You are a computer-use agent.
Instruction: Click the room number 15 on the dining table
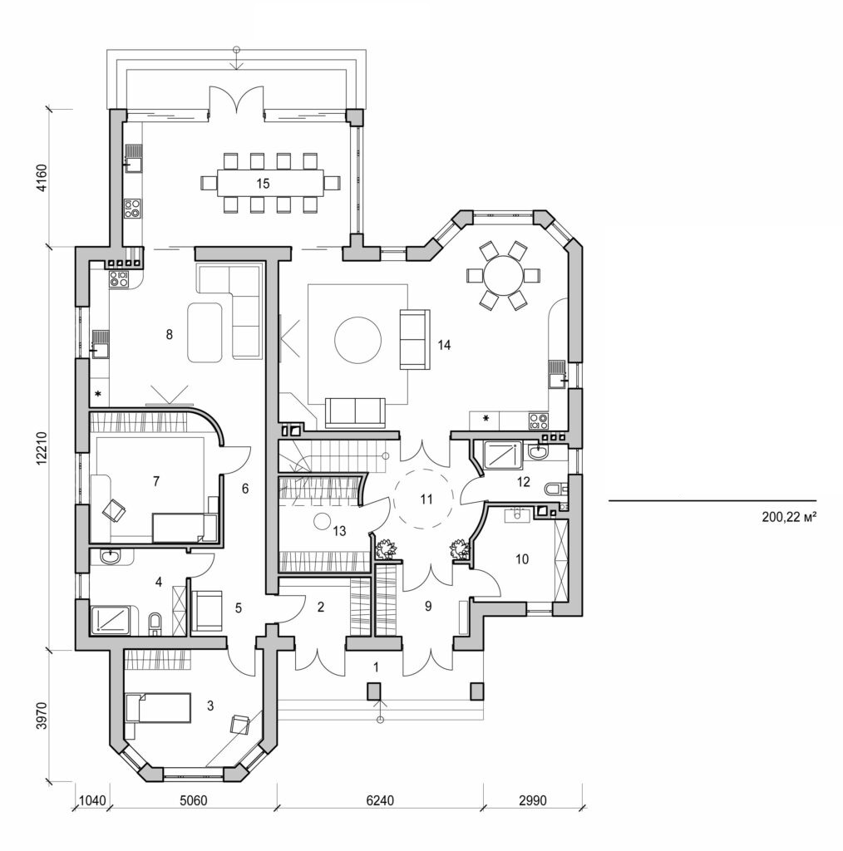pyautogui.click(x=263, y=184)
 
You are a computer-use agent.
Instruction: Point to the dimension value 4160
pyautogui.click(x=42, y=178)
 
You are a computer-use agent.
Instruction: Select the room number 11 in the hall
pyautogui.click(x=426, y=499)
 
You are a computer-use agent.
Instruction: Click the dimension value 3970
pyautogui.click(x=42, y=715)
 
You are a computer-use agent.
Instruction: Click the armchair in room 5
pyautogui.click(x=206, y=611)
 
